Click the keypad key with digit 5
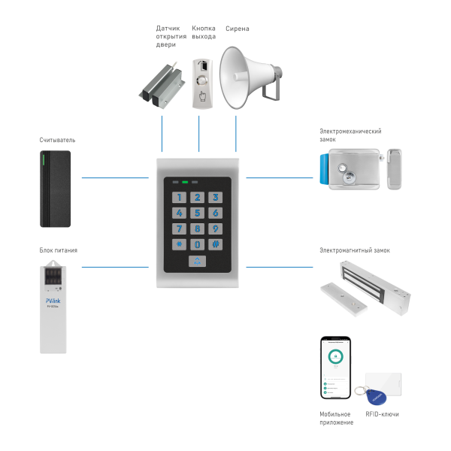coord(197,213)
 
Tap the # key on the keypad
coord(215,244)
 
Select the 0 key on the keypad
coord(197,244)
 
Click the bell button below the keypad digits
coord(197,262)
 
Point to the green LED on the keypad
coord(185,182)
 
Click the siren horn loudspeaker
coord(248,75)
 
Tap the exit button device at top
coord(202,84)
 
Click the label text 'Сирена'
coord(237,29)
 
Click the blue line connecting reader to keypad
coord(113,178)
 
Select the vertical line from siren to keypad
coord(236,135)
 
